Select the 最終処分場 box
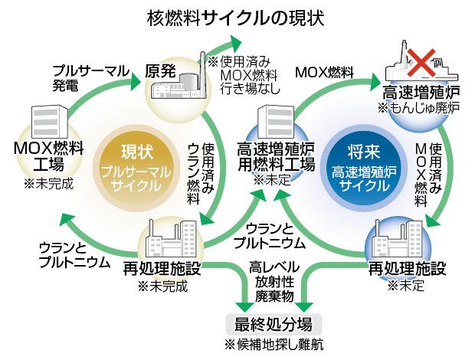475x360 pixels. click(274, 322)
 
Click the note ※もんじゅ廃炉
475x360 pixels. click(418, 110)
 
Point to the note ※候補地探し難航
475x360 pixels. click(274, 344)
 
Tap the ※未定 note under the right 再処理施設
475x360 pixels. click(406, 286)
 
